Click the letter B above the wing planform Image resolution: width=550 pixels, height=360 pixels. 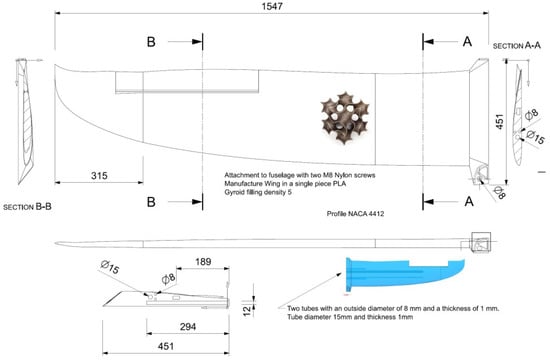[152, 43]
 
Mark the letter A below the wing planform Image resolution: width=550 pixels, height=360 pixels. [467, 201]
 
